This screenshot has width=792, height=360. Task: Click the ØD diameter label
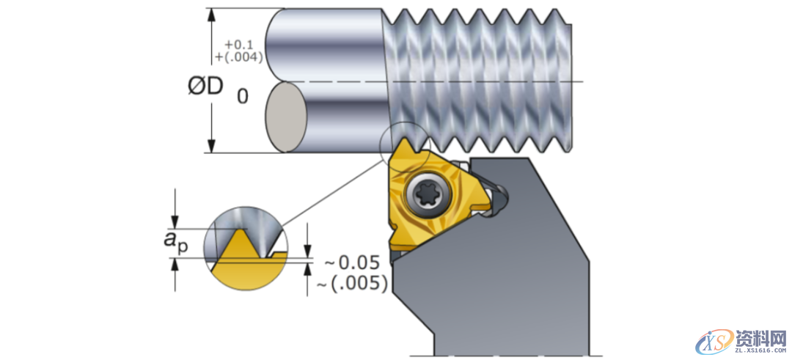[x=205, y=87]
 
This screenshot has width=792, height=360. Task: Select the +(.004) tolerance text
[x=238, y=57]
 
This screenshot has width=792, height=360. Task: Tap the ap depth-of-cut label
[x=176, y=240]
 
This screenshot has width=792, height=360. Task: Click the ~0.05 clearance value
[x=353, y=262]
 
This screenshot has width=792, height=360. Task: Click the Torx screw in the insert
[x=425, y=196]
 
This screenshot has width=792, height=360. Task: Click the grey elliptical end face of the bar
[x=285, y=117]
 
